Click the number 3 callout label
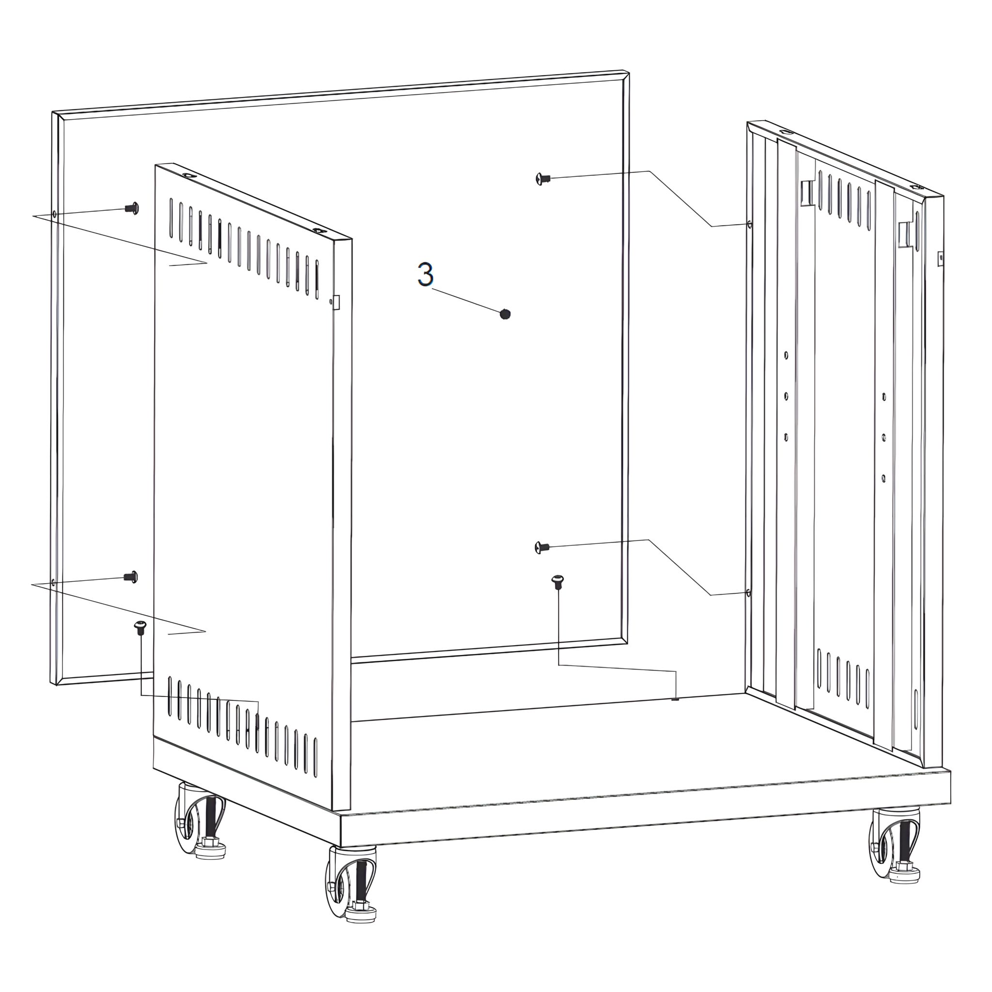[x=425, y=274]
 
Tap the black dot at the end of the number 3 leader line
[x=505, y=314]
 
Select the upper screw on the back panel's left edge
[x=132, y=208]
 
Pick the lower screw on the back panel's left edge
[x=131, y=576]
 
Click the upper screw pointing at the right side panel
[x=542, y=179]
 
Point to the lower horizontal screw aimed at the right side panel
[x=542, y=547]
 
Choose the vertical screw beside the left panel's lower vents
[x=140, y=627]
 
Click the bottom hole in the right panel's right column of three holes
[x=883, y=478]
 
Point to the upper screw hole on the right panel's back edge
[x=750, y=224]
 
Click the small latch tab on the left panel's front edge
[x=336, y=302]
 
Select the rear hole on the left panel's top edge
[x=189, y=176]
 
